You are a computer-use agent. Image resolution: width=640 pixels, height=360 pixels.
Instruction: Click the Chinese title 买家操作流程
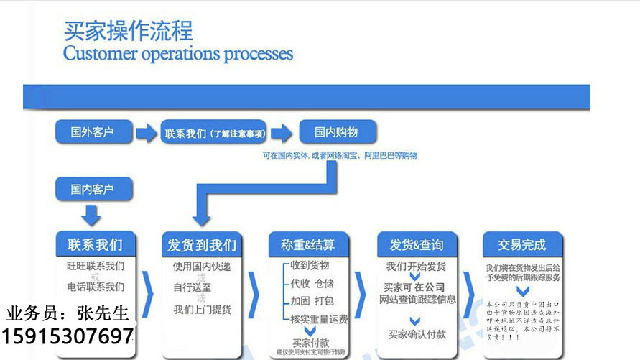[128, 31]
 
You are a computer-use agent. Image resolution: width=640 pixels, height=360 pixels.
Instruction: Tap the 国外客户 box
[92, 132]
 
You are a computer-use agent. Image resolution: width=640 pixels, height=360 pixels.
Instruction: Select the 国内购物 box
[336, 132]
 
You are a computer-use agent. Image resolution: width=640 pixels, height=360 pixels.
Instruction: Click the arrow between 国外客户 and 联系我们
[146, 133]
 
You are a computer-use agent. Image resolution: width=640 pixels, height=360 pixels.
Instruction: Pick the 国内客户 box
[92, 190]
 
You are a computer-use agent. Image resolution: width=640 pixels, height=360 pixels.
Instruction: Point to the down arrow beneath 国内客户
[92, 214]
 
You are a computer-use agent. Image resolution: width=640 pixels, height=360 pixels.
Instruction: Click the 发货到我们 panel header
[200, 244]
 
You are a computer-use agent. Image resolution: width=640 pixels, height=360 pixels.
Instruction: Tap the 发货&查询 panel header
[417, 244]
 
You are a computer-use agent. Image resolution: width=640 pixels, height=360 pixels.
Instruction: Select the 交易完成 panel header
[522, 244]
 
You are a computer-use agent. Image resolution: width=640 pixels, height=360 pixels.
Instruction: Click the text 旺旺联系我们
[96, 266]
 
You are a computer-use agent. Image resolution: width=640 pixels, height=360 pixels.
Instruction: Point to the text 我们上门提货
[202, 309]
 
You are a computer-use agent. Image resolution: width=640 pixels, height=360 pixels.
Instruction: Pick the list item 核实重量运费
[318, 318]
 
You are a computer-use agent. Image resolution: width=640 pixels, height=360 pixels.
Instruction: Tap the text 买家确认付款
[417, 334]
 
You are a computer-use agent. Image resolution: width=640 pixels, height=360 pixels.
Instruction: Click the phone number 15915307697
[68, 335]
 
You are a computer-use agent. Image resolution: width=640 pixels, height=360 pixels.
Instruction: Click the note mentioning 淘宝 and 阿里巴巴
[340, 155]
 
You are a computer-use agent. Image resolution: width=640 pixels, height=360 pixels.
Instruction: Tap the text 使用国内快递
[202, 267]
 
